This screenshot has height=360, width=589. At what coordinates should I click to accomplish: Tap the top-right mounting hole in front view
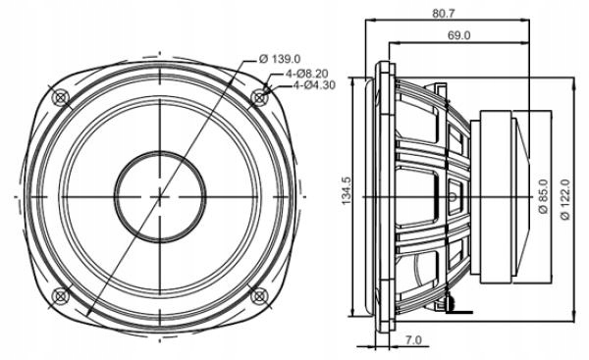[260, 96]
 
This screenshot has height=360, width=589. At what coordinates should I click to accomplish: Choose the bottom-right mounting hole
[260, 295]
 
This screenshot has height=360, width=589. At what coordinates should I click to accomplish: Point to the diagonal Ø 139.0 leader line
[196, 147]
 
